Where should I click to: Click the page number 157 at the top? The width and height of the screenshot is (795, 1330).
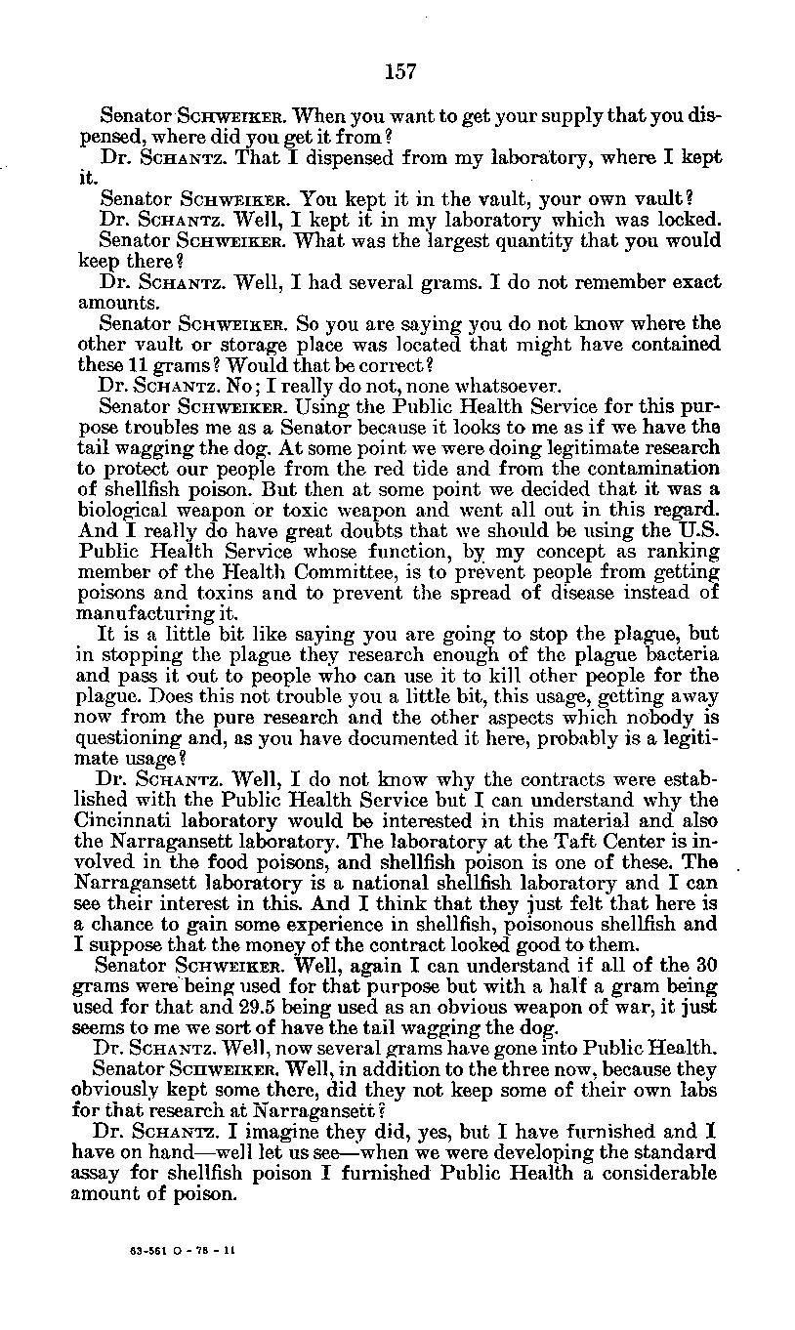tap(400, 70)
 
